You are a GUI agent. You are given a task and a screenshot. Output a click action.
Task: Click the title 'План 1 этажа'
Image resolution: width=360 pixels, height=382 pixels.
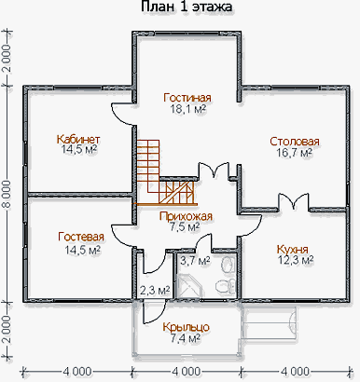187,7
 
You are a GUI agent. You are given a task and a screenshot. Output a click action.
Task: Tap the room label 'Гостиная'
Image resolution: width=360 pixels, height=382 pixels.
187,98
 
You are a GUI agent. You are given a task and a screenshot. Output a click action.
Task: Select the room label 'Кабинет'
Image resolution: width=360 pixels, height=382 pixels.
78,139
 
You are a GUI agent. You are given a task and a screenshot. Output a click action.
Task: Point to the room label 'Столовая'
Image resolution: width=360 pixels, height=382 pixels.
295,142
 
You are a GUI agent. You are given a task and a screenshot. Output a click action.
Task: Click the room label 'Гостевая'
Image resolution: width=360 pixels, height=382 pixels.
81,237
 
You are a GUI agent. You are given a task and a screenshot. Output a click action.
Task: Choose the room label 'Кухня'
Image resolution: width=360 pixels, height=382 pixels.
293,249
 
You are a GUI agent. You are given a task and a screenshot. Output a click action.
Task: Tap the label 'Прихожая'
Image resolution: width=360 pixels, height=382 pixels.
186,216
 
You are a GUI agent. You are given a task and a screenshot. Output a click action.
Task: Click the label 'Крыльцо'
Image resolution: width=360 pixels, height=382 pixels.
186,327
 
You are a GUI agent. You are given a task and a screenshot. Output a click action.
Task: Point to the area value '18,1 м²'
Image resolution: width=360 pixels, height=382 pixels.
187,109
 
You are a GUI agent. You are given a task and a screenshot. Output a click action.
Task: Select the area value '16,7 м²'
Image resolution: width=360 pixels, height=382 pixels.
295,153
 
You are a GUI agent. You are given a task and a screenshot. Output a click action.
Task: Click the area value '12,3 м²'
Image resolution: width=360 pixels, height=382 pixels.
295,260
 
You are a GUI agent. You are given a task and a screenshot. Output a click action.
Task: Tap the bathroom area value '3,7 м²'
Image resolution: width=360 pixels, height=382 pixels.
195,261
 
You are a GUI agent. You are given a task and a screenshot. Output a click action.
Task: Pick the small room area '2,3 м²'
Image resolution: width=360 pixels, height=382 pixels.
155,291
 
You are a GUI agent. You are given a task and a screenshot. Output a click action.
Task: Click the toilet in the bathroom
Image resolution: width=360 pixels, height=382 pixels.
226,286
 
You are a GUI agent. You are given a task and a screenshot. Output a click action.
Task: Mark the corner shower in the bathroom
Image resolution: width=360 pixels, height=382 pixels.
187,285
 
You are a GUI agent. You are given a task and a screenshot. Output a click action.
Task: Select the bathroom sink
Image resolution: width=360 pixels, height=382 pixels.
228,265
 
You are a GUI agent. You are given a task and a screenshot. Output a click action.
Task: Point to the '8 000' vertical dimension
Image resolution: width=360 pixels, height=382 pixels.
8,194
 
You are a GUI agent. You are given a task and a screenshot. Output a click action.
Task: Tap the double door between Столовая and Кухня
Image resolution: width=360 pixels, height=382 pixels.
294,201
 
